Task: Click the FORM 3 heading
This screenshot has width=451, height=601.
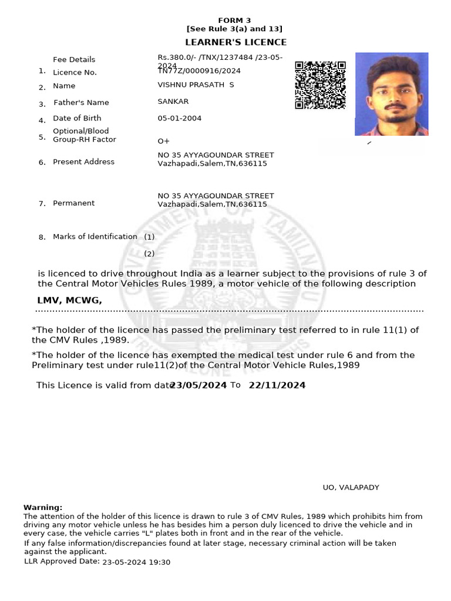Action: click(x=234, y=20)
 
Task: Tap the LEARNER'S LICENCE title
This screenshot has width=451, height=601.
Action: click(x=235, y=42)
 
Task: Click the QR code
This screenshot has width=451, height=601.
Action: click(x=320, y=85)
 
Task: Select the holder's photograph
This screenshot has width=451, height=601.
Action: click(x=391, y=94)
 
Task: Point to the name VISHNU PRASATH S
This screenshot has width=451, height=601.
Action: click(x=196, y=85)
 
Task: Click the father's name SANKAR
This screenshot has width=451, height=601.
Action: click(x=173, y=102)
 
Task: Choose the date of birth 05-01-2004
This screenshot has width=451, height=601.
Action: click(x=179, y=118)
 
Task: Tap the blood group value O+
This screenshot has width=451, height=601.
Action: click(x=163, y=141)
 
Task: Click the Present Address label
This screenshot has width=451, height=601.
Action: click(x=83, y=161)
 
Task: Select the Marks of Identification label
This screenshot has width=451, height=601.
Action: click(x=95, y=237)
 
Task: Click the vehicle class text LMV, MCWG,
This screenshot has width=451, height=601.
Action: click(x=69, y=300)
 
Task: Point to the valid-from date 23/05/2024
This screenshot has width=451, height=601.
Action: click(x=198, y=386)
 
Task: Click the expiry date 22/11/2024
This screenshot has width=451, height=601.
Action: click(x=277, y=386)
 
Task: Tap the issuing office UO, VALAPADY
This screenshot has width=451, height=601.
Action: click(x=351, y=487)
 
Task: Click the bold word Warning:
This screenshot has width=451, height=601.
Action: click(x=43, y=507)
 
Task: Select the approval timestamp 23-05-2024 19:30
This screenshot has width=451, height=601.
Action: click(x=136, y=562)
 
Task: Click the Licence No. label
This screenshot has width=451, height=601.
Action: click(x=75, y=72)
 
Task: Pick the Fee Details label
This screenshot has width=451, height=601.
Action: click(x=74, y=59)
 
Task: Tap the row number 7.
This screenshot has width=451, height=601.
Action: click(x=42, y=204)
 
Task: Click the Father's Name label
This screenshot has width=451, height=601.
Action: click(x=81, y=102)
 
